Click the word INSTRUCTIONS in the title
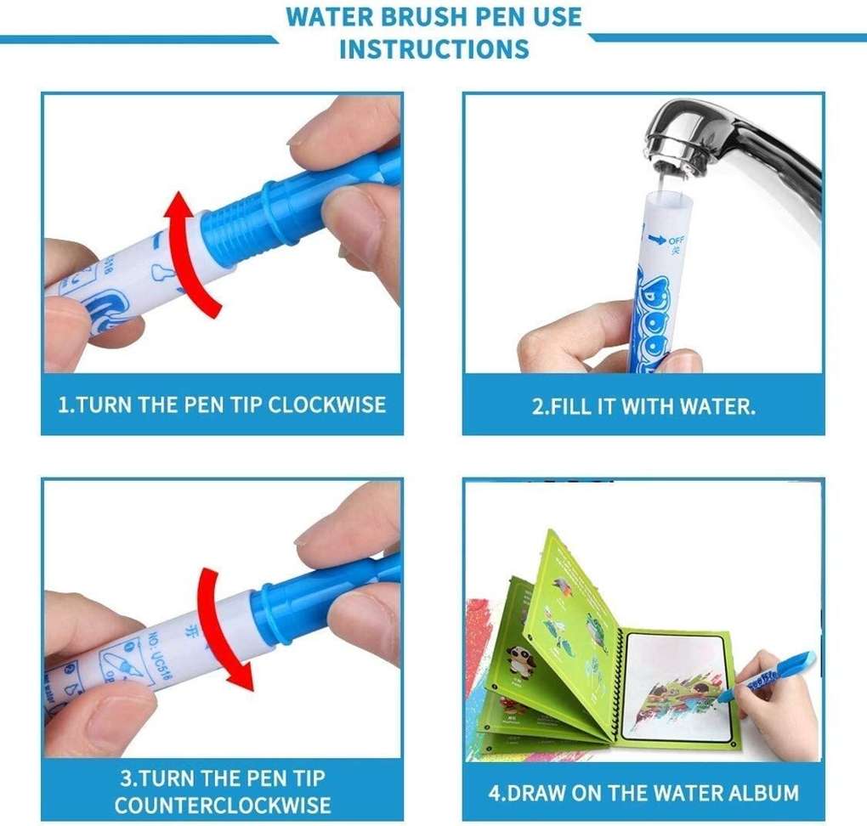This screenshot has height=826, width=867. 433,48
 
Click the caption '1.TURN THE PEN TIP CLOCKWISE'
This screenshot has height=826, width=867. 222,405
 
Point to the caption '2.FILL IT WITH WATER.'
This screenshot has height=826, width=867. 643,406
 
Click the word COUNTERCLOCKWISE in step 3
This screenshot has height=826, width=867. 223,804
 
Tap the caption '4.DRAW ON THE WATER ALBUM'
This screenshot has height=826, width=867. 643,793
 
